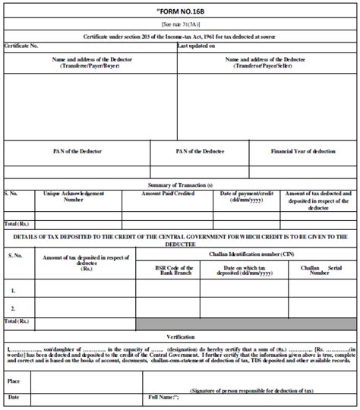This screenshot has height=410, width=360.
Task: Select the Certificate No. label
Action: [x=22, y=46]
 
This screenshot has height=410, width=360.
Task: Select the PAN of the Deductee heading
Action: [x=200, y=151]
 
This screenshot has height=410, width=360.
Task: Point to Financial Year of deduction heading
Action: [x=303, y=151]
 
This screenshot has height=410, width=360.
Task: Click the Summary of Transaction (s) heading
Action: [x=179, y=185]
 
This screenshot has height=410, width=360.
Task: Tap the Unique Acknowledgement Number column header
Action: [x=74, y=197]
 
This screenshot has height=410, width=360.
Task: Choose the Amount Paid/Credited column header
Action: [x=169, y=194]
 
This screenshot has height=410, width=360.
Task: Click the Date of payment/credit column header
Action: [x=246, y=197]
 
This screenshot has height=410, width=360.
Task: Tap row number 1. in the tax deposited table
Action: [x=13, y=290]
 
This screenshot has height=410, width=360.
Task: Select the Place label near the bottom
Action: [x=14, y=381]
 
